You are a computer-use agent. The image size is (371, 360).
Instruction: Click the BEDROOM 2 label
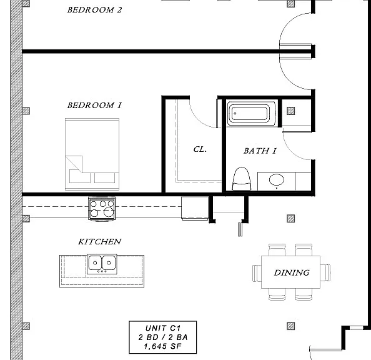pos(95,10)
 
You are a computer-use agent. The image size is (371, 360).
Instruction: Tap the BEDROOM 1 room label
pos(95,105)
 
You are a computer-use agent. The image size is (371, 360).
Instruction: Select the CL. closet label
pos(200,149)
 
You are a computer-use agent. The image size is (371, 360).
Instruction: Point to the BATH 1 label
pos(260,151)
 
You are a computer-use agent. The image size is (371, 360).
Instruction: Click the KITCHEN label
pos(99,242)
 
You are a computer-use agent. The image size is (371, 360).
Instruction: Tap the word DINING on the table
pos(292,272)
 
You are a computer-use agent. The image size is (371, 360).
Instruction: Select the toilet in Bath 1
pos(242,179)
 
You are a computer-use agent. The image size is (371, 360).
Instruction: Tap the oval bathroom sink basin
pos(277,179)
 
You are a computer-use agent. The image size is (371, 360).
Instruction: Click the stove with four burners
pos(102,209)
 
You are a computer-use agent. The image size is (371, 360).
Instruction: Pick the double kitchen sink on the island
pos(102,264)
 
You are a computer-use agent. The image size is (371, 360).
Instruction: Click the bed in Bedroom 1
pos(92,154)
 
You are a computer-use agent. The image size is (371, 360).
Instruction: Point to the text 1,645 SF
pos(162,346)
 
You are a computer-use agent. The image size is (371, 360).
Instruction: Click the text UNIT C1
pos(163,328)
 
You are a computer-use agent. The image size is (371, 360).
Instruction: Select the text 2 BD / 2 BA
pos(163,337)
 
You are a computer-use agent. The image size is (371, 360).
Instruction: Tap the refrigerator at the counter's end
pos(195,208)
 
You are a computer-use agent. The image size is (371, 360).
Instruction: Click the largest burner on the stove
pos(109,212)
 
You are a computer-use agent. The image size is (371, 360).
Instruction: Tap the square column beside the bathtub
pos(291,111)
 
